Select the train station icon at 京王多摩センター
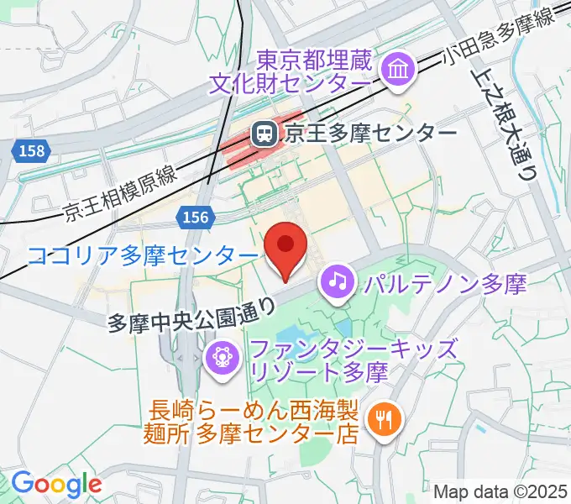click(265, 133)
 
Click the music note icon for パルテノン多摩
click(338, 281)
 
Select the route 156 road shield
click(194, 218)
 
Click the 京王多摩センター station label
click(370, 133)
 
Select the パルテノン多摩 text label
click(445, 282)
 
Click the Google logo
click(56, 484)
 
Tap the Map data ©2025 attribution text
click(500, 491)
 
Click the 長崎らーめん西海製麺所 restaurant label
click(254, 423)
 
